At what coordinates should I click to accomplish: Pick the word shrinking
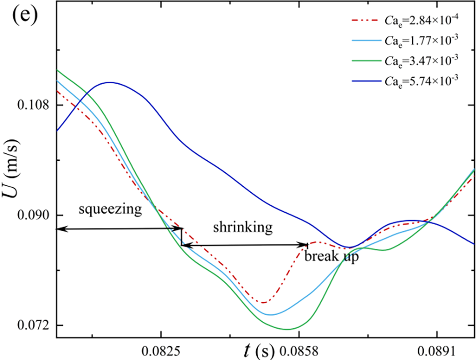243,227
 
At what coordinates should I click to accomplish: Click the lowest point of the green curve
288,329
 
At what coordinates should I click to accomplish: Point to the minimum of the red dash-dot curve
263,302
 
